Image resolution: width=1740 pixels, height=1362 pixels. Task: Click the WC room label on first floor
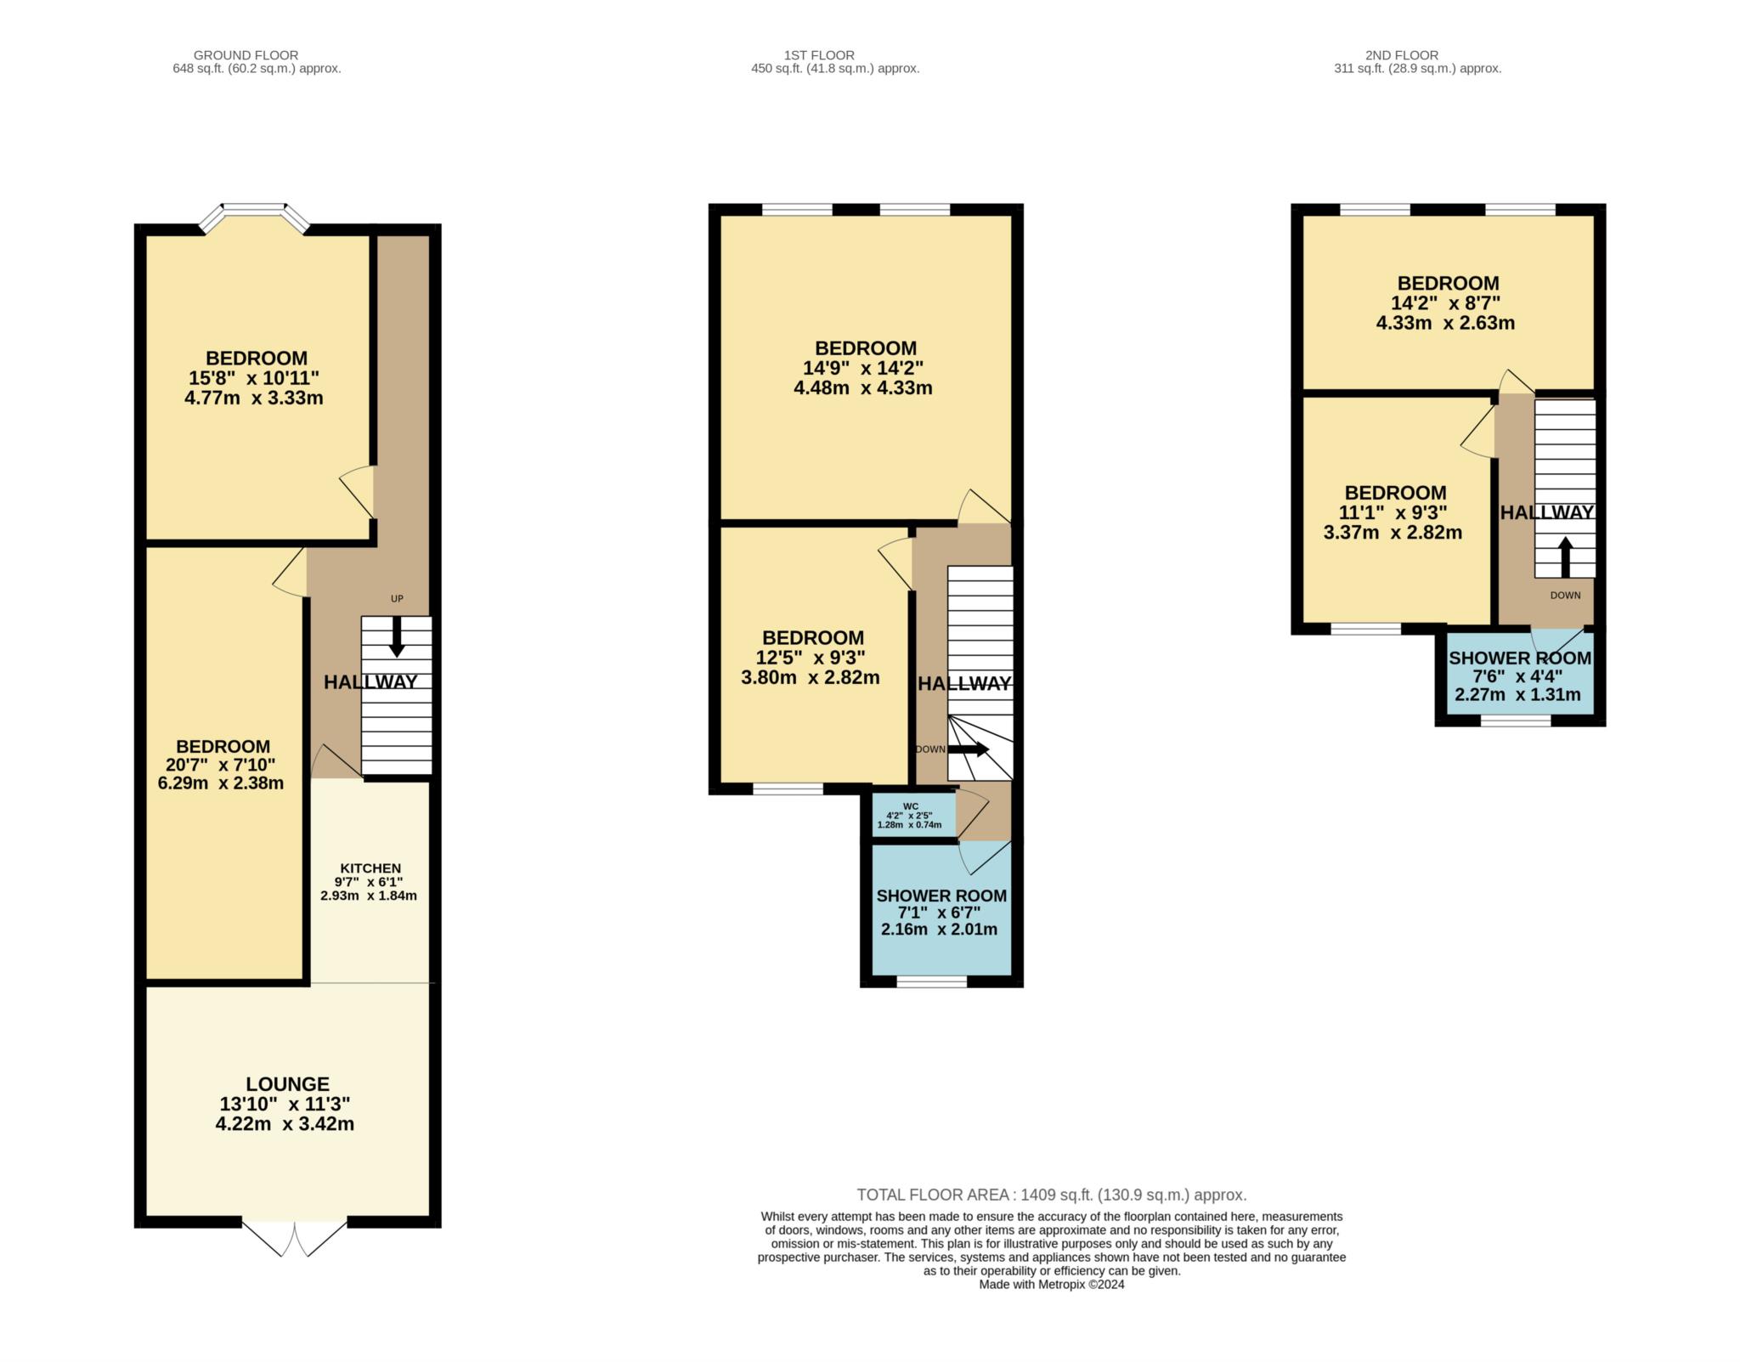point(910,806)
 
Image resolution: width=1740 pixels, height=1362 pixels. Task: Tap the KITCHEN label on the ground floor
point(370,867)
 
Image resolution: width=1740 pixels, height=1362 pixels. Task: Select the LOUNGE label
point(287,1084)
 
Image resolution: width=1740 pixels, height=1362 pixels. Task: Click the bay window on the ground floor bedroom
point(254,215)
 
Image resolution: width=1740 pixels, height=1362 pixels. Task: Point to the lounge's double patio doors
point(295,1238)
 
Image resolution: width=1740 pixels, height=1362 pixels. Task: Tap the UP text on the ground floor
point(397,598)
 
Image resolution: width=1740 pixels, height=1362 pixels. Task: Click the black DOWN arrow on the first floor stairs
point(969,749)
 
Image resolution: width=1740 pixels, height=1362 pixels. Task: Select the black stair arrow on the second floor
point(1565,557)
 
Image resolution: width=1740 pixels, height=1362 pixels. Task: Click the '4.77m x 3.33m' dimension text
point(253,398)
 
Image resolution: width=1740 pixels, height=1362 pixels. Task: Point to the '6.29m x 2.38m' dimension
point(221,783)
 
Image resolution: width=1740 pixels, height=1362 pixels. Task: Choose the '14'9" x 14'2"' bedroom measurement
point(863,368)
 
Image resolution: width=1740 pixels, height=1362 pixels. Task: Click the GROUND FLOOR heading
point(246,55)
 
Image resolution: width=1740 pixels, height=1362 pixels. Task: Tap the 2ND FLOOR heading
point(1402,55)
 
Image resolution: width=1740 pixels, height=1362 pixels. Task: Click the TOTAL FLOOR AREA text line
point(1052,1195)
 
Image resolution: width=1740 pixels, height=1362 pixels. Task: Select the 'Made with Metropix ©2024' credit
point(1052,1285)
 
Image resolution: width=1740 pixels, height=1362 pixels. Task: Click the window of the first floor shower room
point(932,982)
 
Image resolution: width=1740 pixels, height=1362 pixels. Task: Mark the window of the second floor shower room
point(1516,721)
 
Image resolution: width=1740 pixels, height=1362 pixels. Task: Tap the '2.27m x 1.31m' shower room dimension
point(1517,695)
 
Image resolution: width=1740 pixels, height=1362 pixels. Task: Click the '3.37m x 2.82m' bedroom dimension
point(1393,533)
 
